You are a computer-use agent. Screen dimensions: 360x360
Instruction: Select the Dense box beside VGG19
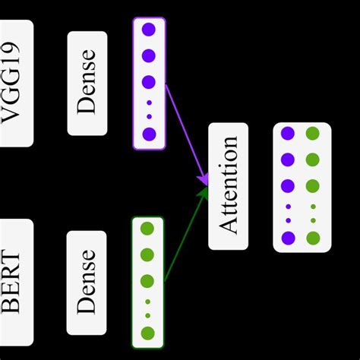[x=87, y=83]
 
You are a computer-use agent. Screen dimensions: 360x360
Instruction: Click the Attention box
[x=228, y=186]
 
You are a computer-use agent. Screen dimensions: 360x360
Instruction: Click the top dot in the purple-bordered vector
[x=149, y=30]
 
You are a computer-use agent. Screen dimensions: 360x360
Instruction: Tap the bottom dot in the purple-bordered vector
[x=149, y=134]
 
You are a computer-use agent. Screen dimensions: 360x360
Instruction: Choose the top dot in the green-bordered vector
[x=147, y=228]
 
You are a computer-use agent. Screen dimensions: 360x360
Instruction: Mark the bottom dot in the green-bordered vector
[x=147, y=333]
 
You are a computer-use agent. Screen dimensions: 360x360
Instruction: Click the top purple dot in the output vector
[x=288, y=134]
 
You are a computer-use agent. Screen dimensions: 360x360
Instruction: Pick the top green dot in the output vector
[x=313, y=134]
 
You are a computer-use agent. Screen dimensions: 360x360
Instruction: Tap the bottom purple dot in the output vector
[x=288, y=238]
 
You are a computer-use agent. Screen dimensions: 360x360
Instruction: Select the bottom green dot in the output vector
[x=313, y=238]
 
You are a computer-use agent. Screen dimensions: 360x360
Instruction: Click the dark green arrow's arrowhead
[x=204, y=193]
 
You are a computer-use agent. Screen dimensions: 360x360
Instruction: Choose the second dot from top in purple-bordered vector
[x=149, y=55]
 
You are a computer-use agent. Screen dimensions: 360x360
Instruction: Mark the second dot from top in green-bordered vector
[x=147, y=254]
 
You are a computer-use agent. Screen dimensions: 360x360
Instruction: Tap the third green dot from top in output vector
[x=313, y=185]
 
